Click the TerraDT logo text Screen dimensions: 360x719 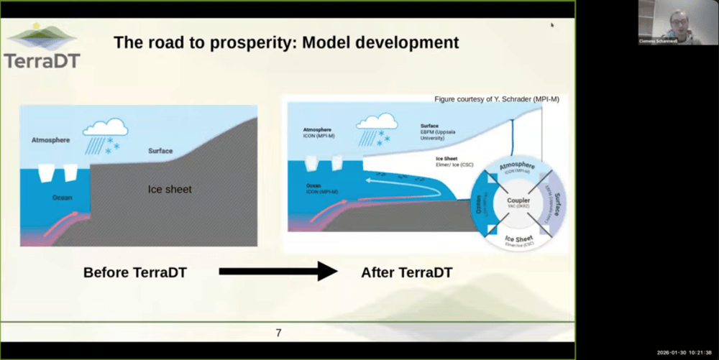[42, 60]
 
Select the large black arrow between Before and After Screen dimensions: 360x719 [278, 271]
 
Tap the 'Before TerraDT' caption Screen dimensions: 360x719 [141, 272]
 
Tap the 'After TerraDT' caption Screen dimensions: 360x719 [406, 272]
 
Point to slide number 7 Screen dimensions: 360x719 [278, 333]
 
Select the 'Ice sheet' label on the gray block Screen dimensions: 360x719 [170, 190]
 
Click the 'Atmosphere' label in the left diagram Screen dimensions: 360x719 [50, 140]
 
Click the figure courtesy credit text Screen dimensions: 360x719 [496, 99]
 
